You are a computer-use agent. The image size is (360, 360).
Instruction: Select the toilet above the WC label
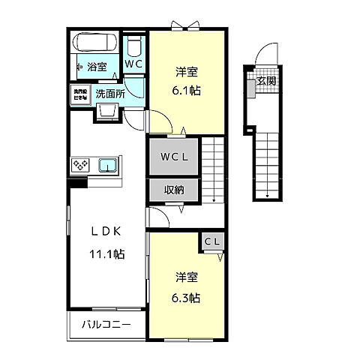coord(134,48)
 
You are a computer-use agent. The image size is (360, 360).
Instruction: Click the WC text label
coord(133,65)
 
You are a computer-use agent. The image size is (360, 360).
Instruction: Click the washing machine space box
coord(80,94)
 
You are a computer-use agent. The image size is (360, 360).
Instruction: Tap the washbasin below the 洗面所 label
coord(106,112)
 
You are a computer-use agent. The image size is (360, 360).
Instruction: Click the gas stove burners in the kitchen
coord(81,164)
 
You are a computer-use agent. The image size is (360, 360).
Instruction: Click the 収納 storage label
coord(174,190)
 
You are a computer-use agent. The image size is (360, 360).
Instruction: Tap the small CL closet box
coord(212,241)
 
